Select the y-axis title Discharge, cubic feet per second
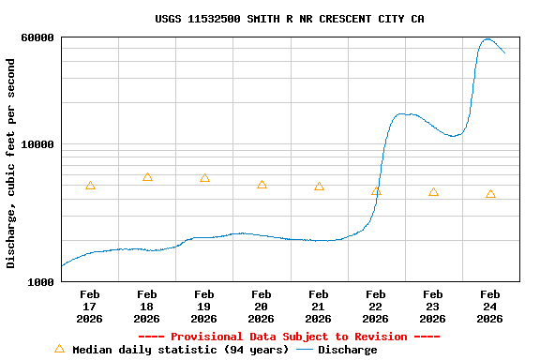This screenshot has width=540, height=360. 11,163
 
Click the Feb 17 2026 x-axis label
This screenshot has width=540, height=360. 90,307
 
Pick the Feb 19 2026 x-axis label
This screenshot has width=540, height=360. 204,307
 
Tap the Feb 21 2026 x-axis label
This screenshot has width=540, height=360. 319,307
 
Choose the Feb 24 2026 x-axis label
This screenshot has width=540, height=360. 489,307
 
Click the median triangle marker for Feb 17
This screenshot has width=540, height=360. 90,186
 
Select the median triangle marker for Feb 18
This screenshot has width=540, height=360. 147,177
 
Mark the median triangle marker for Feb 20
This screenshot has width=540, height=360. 262,185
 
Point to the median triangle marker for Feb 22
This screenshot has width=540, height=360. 376,191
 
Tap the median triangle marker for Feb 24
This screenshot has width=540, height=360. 490,194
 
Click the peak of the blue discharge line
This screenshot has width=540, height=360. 487,39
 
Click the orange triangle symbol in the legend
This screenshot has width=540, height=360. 59,349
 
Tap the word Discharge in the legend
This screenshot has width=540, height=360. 347,350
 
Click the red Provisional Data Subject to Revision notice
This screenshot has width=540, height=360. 289,337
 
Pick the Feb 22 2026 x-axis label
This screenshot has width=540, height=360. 376,307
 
